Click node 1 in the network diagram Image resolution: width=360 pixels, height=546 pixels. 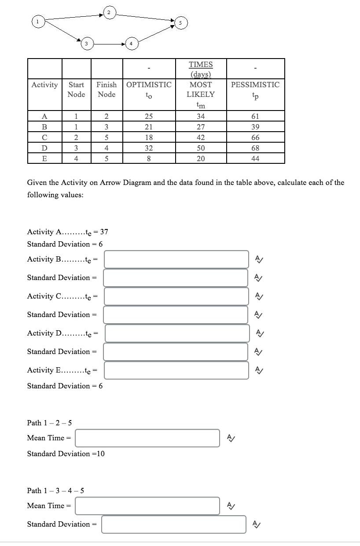(38, 20)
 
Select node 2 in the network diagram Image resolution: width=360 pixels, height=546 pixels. (108, 12)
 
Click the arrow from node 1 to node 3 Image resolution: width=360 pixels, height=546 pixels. (63, 32)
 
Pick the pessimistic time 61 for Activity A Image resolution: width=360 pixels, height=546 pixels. (255, 116)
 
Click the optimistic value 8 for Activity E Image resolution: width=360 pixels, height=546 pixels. (149, 159)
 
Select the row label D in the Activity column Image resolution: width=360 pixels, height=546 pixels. (44, 148)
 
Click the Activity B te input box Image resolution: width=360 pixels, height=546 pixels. (176, 259)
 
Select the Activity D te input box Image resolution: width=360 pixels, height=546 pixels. (177, 333)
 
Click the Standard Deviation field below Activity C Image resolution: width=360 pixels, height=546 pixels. (176, 315)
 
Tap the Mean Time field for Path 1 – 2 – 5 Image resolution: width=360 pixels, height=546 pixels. (147, 438)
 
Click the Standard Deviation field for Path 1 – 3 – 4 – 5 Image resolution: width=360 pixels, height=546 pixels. (174, 524)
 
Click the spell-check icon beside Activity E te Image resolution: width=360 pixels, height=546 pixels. (260, 370)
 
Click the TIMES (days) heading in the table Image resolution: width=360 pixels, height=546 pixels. (201, 69)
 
